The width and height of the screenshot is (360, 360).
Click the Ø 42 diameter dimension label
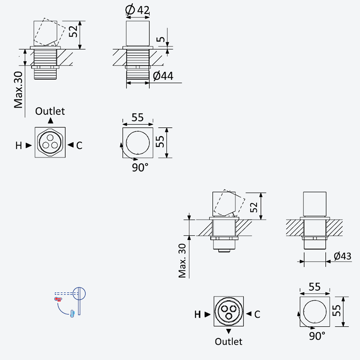coord(138,10)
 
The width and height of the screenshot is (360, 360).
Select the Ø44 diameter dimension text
coord(163,76)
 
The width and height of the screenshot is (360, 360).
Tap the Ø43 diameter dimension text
coord(342,256)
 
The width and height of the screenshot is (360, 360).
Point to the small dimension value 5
coord(161,39)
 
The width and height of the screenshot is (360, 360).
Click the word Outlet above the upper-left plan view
coord(50,111)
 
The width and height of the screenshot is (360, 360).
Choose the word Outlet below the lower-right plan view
coord(229,342)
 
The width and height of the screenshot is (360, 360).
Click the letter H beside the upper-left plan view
coord(18,145)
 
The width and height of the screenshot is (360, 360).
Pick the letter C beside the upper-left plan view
coord(79,145)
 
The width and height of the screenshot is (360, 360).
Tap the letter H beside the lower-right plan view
coord(198,315)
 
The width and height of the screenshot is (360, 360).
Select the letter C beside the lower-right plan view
coord(257,315)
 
